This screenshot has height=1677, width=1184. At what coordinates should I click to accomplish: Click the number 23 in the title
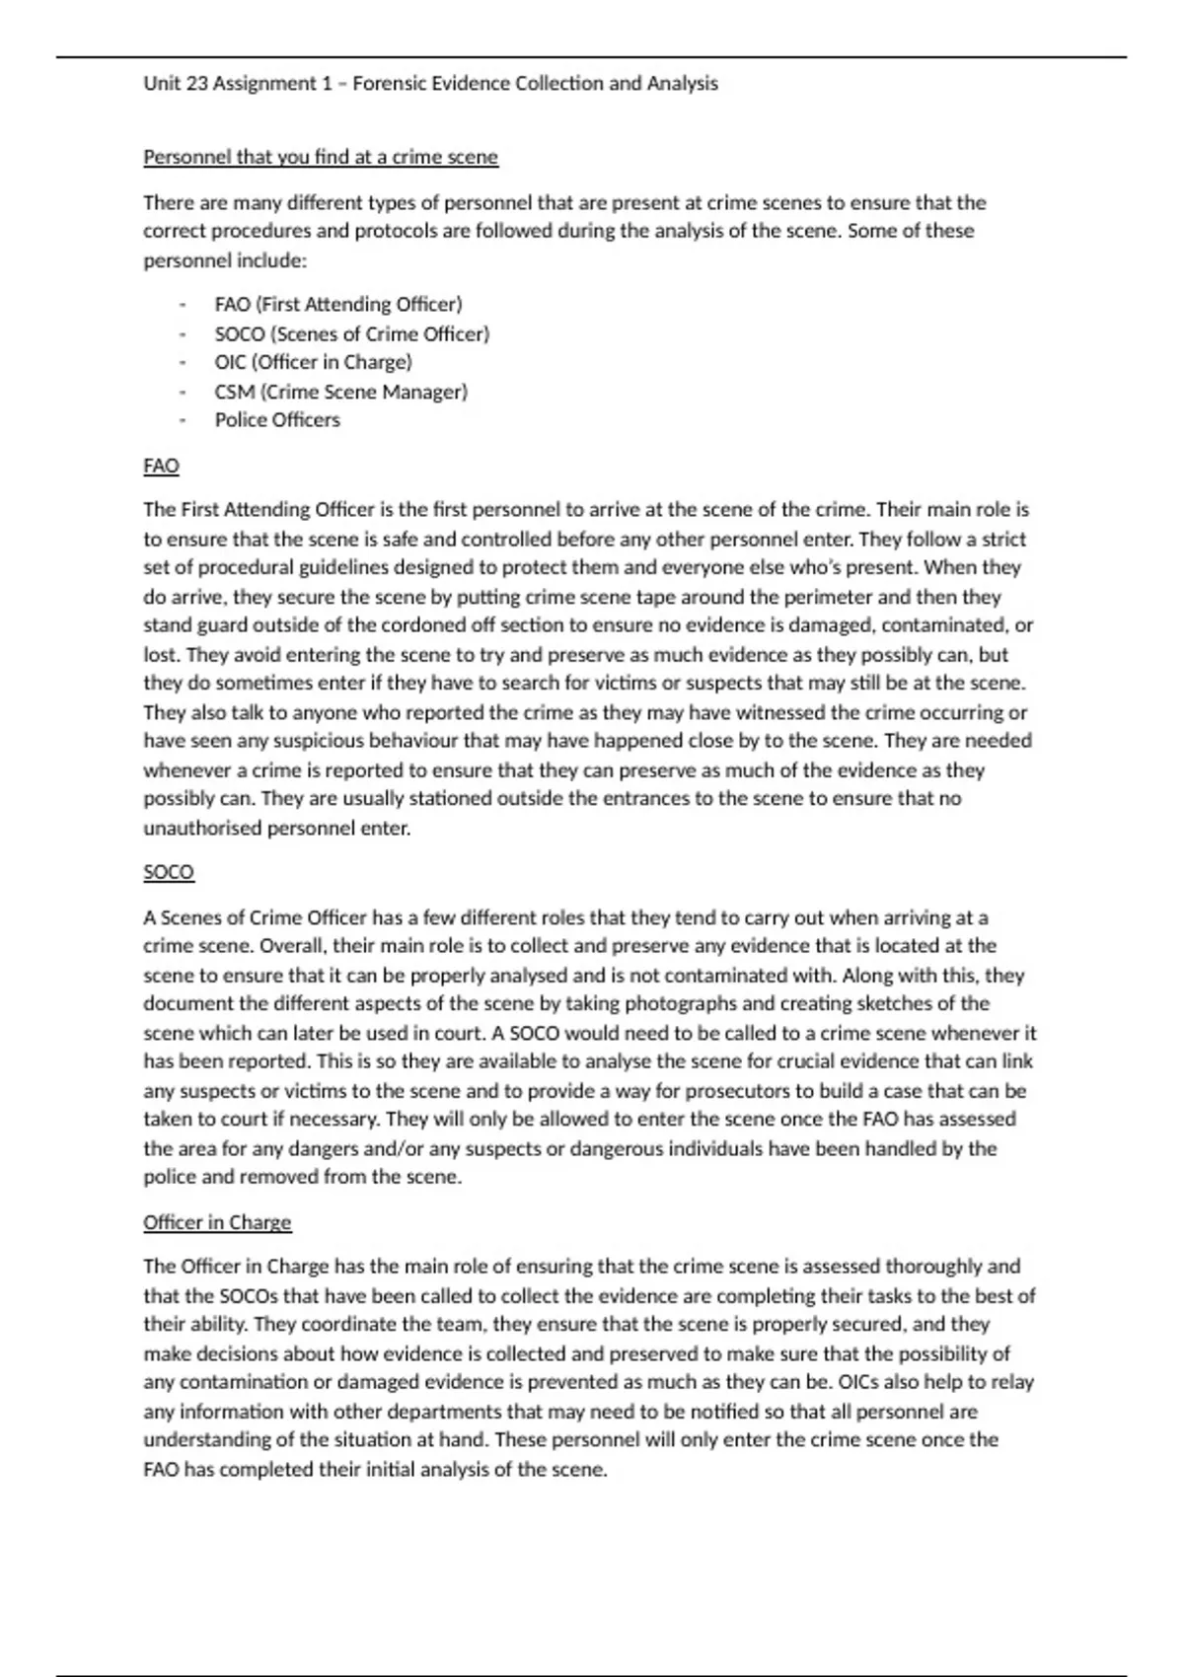pyautogui.click(x=196, y=84)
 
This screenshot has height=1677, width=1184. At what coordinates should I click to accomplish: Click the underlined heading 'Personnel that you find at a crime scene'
pyautogui.click(x=321, y=157)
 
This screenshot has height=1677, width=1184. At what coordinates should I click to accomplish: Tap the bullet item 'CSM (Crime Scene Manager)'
pyautogui.click(x=340, y=392)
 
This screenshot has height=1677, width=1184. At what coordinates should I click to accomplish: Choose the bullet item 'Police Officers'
pyautogui.click(x=277, y=420)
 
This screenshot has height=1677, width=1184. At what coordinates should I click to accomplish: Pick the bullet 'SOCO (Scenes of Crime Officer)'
pyautogui.click(x=351, y=334)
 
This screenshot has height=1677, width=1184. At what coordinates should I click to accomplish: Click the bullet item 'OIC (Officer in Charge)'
pyautogui.click(x=313, y=362)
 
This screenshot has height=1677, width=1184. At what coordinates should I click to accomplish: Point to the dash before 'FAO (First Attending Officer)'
pyautogui.click(x=183, y=305)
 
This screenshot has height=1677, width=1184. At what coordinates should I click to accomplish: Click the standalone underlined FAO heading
pyautogui.click(x=161, y=466)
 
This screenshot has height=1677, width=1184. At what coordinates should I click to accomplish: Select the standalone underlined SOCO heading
pyautogui.click(x=169, y=872)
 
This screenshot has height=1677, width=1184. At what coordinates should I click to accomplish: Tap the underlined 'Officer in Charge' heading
pyautogui.click(x=217, y=1222)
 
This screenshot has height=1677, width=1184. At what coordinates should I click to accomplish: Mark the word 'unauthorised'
pyautogui.click(x=202, y=829)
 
